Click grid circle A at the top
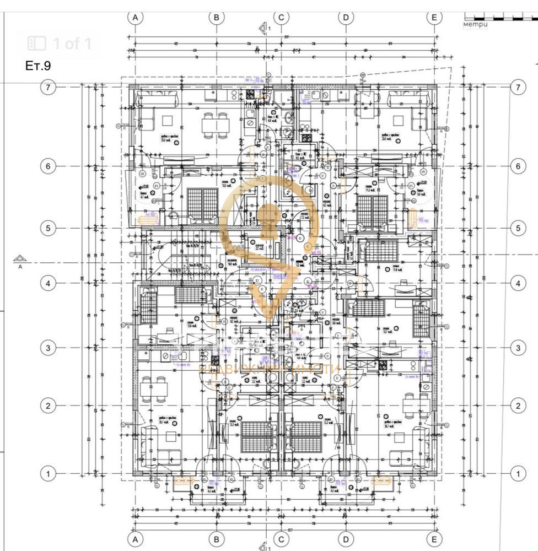[135, 17]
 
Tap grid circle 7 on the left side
[49, 87]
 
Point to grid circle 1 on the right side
[517, 473]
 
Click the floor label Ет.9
[38, 66]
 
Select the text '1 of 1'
[72, 44]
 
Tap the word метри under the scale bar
[476, 25]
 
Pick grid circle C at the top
[281, 17]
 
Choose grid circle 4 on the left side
[49, 283]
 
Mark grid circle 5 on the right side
[517, 228]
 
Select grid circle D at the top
[346, 17]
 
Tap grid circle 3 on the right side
[517, 348]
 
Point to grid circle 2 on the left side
[49, 406]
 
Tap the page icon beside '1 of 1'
[37, 44]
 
